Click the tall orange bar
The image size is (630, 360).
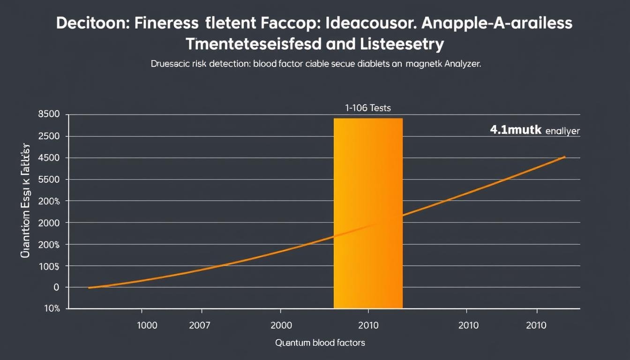pos(368,213)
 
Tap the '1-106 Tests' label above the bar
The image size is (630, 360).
pos(368,108)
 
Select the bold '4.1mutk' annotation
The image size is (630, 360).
pos(516,131)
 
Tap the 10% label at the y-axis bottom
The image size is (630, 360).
pos(52,308)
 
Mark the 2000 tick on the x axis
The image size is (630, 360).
pos(280,325)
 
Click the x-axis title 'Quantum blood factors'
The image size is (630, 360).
pos(320,343)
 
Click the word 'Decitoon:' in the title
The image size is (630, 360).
pos(92,24)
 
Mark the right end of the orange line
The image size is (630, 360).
pos(565,157)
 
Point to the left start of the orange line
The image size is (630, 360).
pos(89,287)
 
